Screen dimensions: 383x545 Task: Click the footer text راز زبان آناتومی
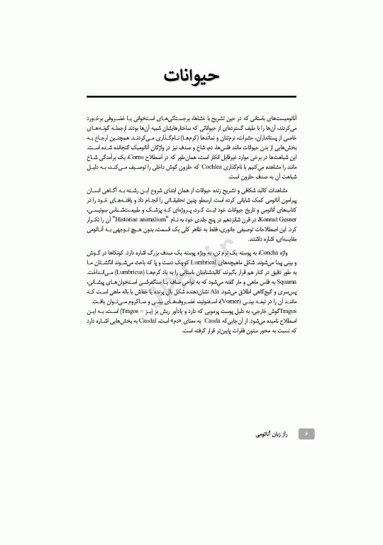tap(272, 432)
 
